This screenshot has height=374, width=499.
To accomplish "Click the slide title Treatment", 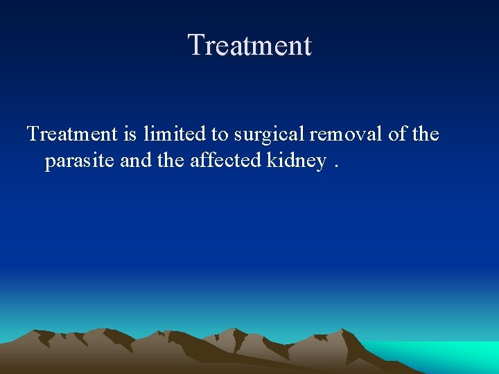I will pos(249,46).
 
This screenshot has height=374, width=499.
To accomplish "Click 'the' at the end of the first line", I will pos(426,134).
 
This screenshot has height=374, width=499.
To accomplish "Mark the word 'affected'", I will pos(223,161).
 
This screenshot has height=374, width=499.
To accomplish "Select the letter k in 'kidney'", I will pos(271,161).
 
